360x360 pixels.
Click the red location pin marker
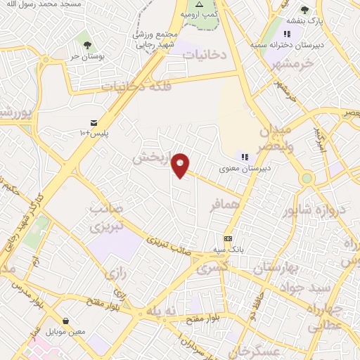pos(181,165)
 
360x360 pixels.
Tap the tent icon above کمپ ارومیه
pos(199,4)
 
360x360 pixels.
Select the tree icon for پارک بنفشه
pos(304,10)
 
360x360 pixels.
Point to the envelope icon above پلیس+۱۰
pos(94,122)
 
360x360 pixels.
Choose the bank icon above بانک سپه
pos(227,238)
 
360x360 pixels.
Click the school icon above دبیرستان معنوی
pos(245,157)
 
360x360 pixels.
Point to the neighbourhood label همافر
pos(226,205)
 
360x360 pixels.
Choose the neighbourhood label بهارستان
pos(278,269)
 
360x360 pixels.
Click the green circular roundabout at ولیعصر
pos(307,179)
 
